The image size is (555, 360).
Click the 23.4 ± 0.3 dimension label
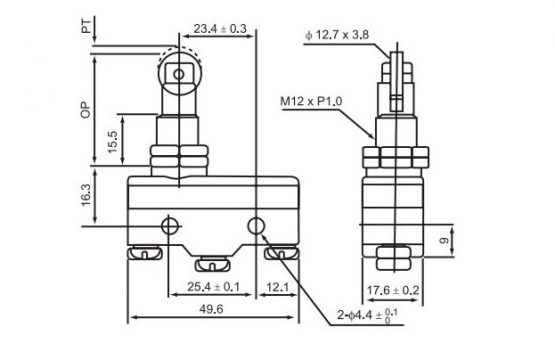click(220, 29)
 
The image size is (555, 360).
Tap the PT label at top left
click(86, 26)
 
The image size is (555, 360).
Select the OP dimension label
click(86, 110)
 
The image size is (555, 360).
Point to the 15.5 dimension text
click(112, 142)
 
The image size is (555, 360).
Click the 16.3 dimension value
click(86, 195)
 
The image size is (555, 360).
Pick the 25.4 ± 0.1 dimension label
click(213, 287)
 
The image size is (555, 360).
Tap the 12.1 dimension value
click(277, 287)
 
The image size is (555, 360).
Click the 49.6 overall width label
click(211, 309)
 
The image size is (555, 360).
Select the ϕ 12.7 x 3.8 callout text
click(337, 35)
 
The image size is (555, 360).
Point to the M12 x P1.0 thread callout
click(311, 101)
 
